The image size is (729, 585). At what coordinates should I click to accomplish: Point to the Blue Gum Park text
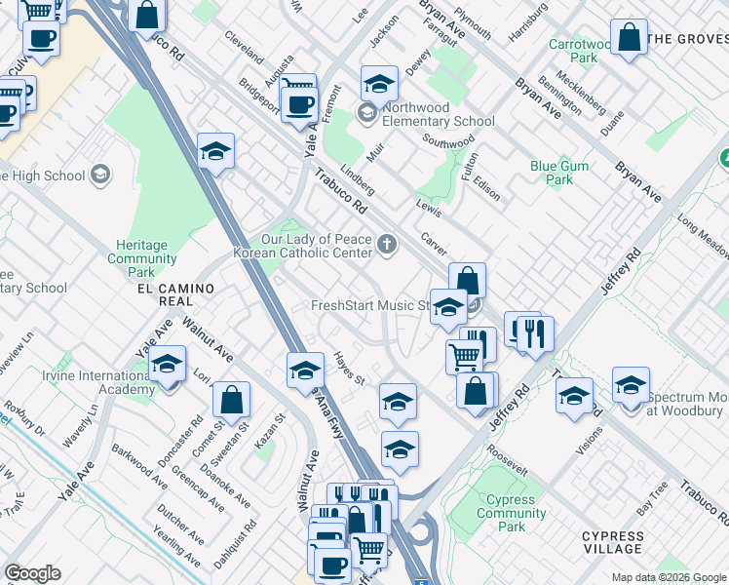pos(559,173)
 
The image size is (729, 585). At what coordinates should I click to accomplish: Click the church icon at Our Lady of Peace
pos(388,244)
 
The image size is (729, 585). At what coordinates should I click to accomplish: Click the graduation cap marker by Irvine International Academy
pos(168,368)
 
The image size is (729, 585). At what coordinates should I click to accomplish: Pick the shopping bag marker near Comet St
pos(231,401)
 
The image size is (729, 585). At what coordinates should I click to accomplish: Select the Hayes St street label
pos(348,369)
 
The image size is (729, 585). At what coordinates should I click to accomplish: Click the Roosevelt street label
pos(507,464)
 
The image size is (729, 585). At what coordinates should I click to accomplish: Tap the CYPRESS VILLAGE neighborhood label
pos(612,543)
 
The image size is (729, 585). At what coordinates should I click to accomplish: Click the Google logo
pos(32,573)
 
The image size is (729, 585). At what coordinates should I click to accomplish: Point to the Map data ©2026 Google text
pos(668,577)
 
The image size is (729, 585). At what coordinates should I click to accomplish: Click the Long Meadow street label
pos(705,235)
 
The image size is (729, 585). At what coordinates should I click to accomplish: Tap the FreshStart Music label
pos(369,306)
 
